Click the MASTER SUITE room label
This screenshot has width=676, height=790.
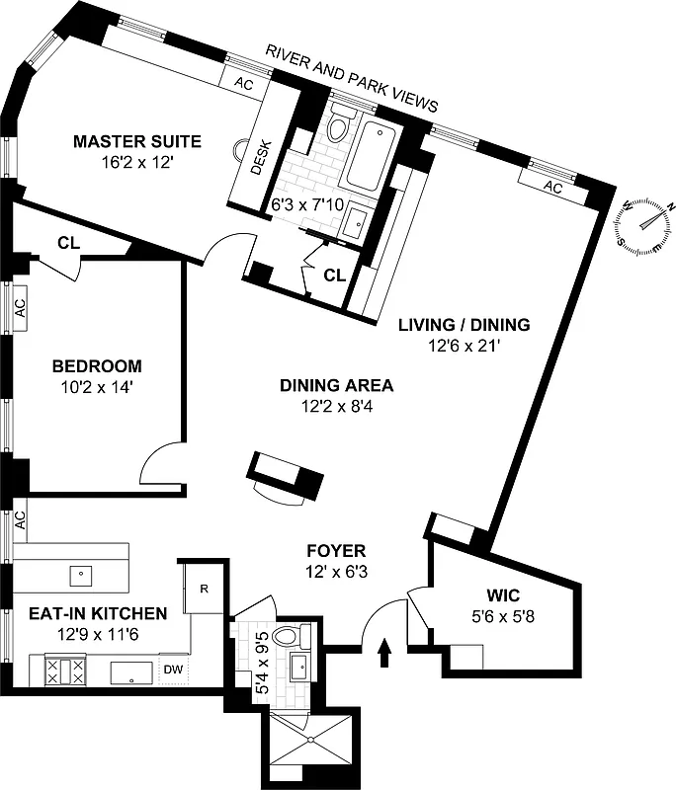coord(136,142)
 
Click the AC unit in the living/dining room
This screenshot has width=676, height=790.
coord(553,187)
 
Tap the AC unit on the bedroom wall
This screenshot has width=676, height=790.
coord(19,308)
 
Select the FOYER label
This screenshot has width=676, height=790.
coord(336,551)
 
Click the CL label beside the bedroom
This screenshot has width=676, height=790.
coord(68,242)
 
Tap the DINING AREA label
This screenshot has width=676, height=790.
coord(336,386)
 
